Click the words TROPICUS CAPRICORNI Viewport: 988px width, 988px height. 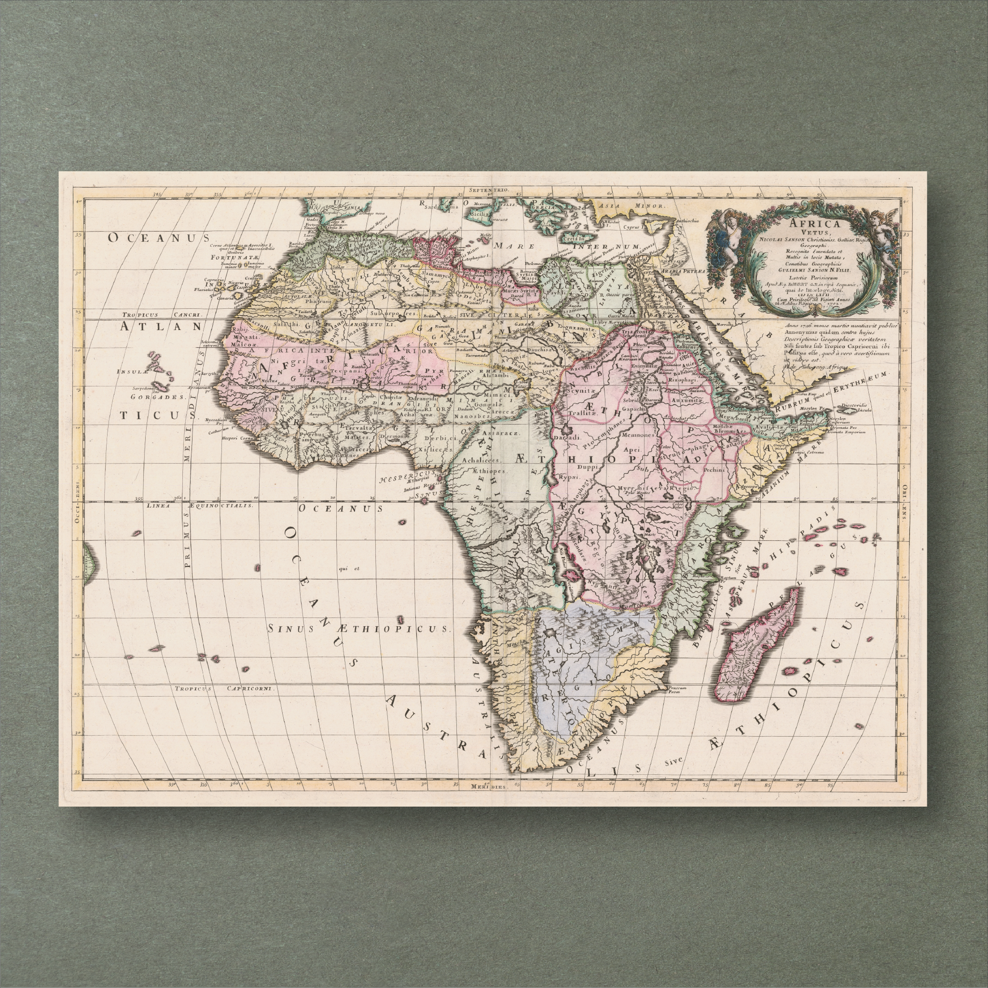(x=224, y=688)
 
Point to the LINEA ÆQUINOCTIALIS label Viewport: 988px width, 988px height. (x=199, y=505)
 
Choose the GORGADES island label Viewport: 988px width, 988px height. (x=156, y=397)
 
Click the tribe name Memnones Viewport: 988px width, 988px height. (x=638, y=435)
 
